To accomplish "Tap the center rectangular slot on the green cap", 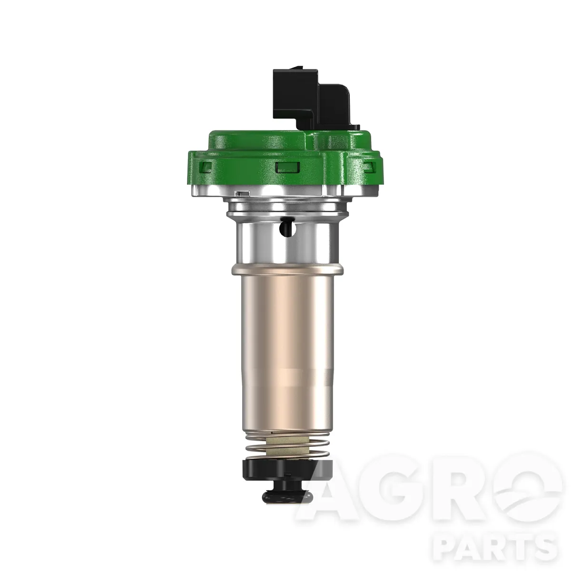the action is click(287, 167).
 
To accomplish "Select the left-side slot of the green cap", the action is click(206, 167).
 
